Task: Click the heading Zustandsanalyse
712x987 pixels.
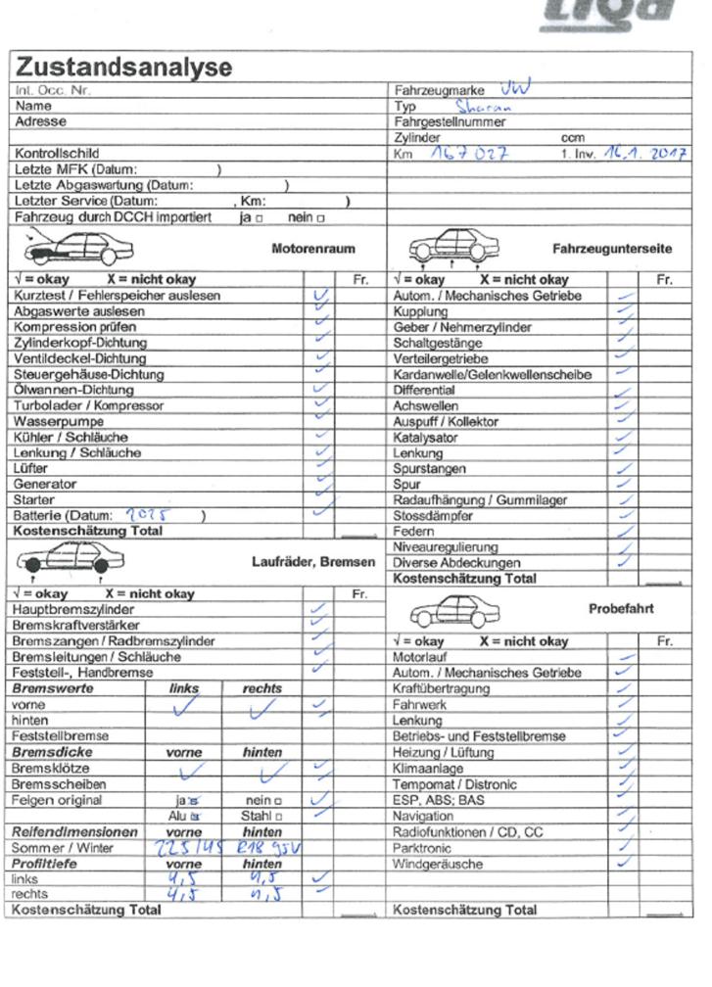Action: click(x=123, y=68)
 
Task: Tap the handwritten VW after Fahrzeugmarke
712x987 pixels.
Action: click(x=515, y=88)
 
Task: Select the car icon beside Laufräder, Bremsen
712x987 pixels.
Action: click(x=65, y=561)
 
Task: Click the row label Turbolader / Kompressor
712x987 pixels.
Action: click(x=89, y=405)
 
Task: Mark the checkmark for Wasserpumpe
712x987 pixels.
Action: click(x=319, y=419)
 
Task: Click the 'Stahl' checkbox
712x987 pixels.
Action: click(x=279, y=816)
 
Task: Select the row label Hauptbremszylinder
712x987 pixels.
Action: click(x=74, y=609)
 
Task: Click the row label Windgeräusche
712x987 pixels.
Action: click(x=438, y=865)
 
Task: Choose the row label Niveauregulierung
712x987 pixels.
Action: click(x=445, y=547)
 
